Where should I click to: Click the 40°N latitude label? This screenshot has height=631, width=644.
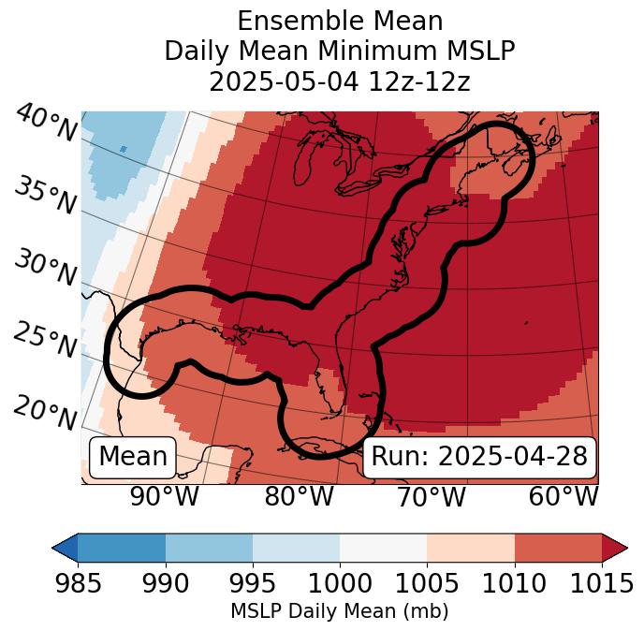click(x=45, y=124)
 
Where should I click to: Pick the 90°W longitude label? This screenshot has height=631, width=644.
click(x=165, y=497)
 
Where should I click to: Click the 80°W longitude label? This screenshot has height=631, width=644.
click(x=298, y=497)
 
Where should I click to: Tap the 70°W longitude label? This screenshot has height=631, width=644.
click(x=431, y=497)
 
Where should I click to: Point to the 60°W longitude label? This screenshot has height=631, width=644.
click(x=563, y=497)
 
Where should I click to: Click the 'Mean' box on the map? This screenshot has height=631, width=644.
click(x=133, y=457)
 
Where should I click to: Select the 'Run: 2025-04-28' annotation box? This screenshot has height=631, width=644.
click(x=479, y=457)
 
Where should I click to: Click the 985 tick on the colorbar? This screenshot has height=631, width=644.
click(x=78, y=583)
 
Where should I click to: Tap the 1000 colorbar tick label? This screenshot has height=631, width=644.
click(x=340, y=583)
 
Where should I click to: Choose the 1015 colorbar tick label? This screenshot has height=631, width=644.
click(x=601, y=583)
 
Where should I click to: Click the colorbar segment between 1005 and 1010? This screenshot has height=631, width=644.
click(x=471, y=547)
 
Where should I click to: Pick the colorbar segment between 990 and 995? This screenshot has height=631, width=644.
click(x=209, y=547)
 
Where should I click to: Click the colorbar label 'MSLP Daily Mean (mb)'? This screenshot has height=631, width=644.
click(x=339, y=611)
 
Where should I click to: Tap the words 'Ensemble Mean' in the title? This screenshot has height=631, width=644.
click(x=339, y=21)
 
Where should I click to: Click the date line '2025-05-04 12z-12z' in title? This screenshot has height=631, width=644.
click(x=339, y=81)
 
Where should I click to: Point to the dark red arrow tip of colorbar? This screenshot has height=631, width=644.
click(x=618, y=547)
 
